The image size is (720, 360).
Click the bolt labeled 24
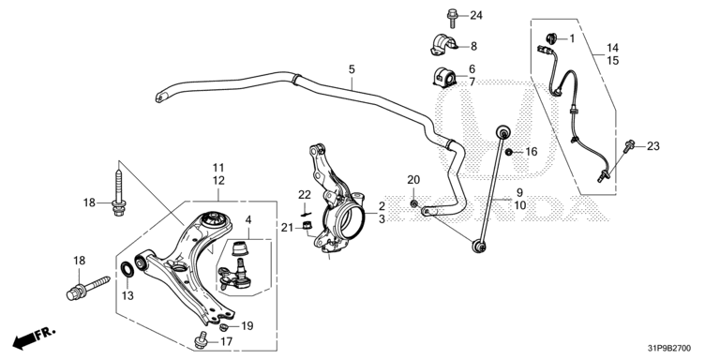(x=453, y=18)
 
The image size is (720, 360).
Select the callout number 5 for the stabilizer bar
(x=352, y=69)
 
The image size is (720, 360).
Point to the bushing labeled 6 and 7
(x=444, y=77)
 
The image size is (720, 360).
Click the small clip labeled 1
(x=550, y=38)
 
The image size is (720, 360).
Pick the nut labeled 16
(x=508, y=152)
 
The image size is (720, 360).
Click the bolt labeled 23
(x=629, y=146)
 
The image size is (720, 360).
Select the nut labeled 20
(x=413, y=203)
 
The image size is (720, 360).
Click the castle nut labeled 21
(x=308, y=225)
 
